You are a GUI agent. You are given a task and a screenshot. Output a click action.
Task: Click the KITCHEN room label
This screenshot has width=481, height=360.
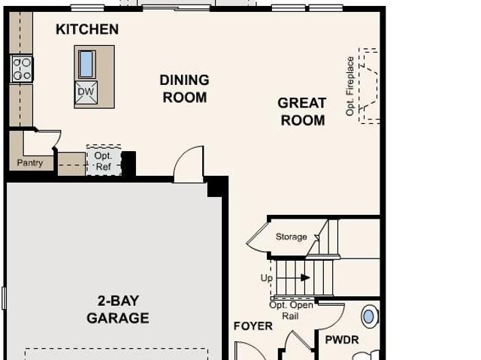click(x=87, y=29)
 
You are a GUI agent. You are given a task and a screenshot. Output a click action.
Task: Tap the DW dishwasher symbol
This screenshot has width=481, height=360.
click(x=86, y=92)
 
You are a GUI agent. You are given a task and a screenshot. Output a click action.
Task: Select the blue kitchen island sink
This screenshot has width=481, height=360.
click(x=87, y=65)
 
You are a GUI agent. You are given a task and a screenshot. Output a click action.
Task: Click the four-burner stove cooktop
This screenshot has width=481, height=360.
click(x=22, y=68)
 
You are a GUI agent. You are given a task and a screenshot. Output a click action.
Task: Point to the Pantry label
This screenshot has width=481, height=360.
click(x=30, y=162)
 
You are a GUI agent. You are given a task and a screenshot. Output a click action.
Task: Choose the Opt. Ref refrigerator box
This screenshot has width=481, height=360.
click(x=104, y=160)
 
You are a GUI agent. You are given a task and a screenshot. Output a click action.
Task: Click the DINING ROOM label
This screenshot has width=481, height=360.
click(x=185, y=89)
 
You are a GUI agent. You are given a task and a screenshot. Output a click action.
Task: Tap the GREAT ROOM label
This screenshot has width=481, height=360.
click(x=302, y=112)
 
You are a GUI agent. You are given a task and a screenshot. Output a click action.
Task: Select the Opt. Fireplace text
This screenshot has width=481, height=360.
click(x=349, y=86)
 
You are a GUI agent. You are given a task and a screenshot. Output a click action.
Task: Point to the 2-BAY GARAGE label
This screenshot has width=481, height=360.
click(x=118, y=310)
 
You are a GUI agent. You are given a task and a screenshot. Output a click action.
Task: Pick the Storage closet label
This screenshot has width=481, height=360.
click(x=291, y=237)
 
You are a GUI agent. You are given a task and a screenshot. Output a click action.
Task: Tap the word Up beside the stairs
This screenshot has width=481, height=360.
click(x=266, y=278)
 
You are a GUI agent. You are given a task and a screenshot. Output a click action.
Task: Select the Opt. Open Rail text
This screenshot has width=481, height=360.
click(x=291, y=310)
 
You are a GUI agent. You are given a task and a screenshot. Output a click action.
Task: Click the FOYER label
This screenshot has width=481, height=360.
click(x=253, y=326)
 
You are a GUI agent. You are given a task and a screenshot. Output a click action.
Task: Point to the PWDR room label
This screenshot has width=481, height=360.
click(x=342, y=340)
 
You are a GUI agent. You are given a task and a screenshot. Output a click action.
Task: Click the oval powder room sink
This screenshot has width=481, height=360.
click(x=369, y=316)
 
